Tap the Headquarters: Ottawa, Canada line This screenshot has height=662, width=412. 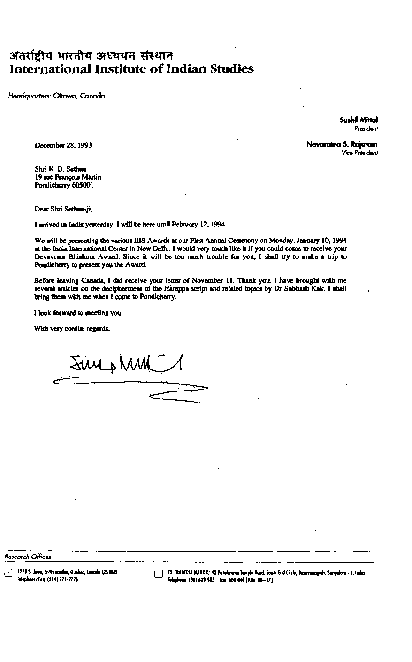(x=57, y=96)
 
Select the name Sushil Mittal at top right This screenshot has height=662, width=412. (x=359, y=120)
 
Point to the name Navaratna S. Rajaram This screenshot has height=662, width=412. (x=342, y=145)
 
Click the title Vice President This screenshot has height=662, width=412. (x=360, y=153)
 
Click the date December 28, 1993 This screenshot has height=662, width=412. (x=63, y=145)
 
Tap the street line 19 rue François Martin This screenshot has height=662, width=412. (x=68, y=177)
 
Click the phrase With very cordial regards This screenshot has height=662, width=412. (x=72, y=329)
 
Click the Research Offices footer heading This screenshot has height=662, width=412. (x=28, y=557)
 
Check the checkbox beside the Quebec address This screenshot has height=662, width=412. (x=8, y=573)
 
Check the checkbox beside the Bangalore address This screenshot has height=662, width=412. (x=158, y=573)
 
